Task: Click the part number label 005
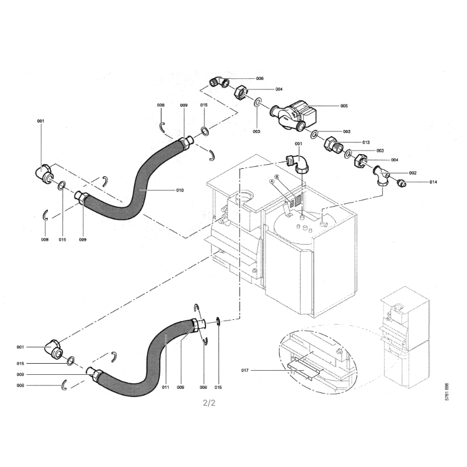pos(344,106)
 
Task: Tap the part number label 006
pos(260,78)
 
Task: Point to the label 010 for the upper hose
pos(180,190)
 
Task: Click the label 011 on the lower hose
pos(165,387)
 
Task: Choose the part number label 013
pos(366,142)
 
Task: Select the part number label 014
pos(433,183)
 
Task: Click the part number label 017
pos(246,370)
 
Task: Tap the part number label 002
pos(413,173)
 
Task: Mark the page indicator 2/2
pos(210,402)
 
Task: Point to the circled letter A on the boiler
pos(271,182)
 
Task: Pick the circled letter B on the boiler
pos(277,176)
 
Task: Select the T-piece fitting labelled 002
pos(383,175)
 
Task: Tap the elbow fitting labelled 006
pos(219,82)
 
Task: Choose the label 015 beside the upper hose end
pos(204,104)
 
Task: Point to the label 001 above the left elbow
pos(40,121)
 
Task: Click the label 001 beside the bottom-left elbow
pos(20,347)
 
